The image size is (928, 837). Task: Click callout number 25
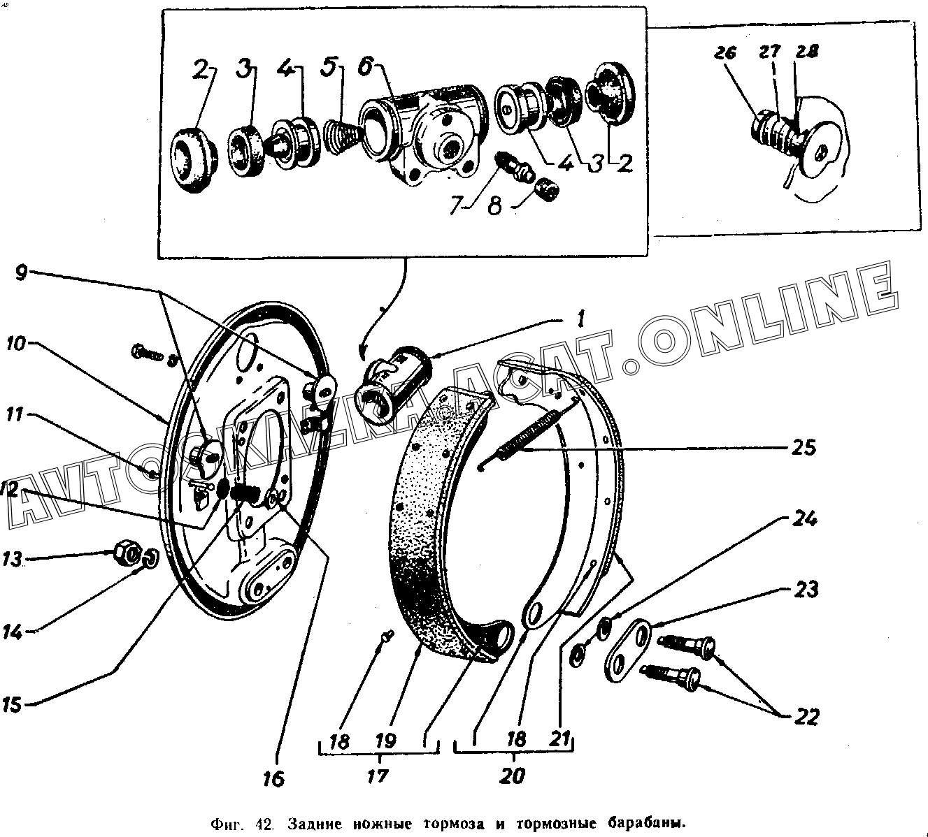(805, 446)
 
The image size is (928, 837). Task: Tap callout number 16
(275, 778)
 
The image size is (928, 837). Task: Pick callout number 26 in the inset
(726, 53)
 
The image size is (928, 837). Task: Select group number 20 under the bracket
(513, 776)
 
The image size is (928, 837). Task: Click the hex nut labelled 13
(127, 554)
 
